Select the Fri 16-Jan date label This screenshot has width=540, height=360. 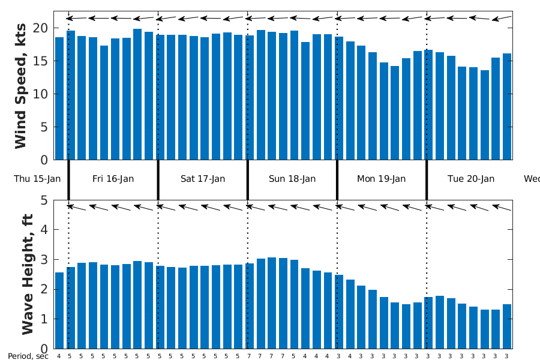113,179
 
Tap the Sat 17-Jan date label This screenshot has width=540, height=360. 203,179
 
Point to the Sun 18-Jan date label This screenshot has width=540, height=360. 292,179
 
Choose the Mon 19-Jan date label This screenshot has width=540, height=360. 382,179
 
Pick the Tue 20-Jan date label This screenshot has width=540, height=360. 471,179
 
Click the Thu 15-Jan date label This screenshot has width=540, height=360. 37,179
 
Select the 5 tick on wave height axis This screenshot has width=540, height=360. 44,200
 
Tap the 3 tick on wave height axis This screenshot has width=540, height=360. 44,260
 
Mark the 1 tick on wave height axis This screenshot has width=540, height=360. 44,319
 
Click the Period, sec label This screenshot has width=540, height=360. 28,356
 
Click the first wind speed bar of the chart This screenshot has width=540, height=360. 59,99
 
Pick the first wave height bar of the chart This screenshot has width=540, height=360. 59,311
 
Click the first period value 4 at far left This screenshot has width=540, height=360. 59,356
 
